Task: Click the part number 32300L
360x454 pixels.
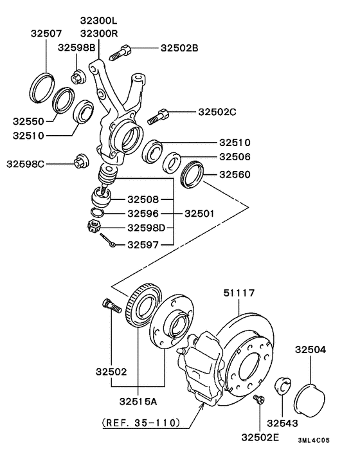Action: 98,21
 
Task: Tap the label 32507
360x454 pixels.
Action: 46,33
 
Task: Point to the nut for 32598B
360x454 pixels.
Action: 78,77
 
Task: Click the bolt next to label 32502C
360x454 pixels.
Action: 158,116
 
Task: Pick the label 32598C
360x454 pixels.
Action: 26,164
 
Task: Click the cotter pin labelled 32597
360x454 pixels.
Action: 107,241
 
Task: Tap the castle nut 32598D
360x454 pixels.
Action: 93,226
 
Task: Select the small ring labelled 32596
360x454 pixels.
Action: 97,213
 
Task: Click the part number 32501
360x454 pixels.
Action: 199,213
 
